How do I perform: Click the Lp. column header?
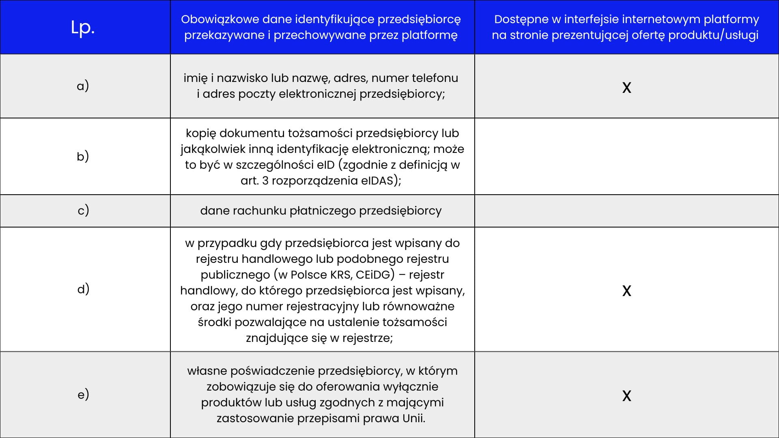point(83,28)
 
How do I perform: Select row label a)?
point(83,86)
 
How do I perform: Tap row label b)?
point(83,156)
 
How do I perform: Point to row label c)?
point(83,210)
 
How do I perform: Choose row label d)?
point(83,289)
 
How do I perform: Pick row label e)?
point(83,394)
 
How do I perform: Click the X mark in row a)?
point(626,88)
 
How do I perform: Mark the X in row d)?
point(626,291)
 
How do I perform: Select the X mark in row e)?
point(626,396)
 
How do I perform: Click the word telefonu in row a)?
point(435,78)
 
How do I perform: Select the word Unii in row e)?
point(413,418)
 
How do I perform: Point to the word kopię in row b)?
point(200,133)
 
